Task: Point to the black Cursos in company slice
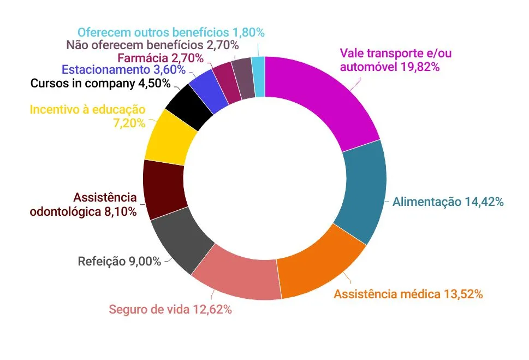click(x=189, y=107)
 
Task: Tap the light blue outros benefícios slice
click(x=259, y=76)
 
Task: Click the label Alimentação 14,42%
click(x=448, y=202)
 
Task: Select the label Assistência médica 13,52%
click(x=408, y=294)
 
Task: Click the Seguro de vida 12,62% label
click(x=170, y=309)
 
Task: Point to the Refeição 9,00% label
click(x=120, y=261)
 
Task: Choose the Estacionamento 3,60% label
click(x=123, y=70)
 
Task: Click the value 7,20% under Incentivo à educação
click(x=129, y=123)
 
